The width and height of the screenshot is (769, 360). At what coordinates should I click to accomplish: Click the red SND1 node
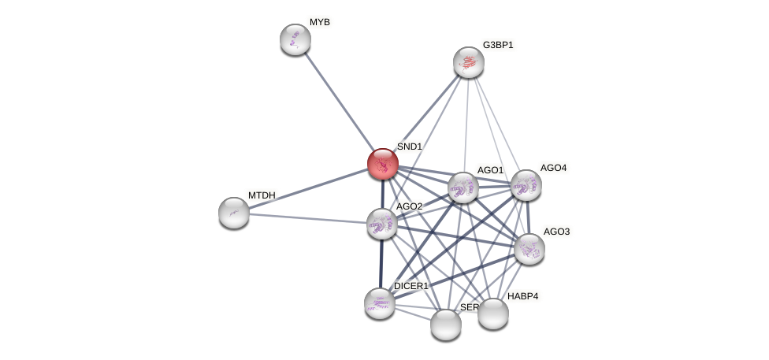383,164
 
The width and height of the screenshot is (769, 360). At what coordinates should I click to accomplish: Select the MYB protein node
295,39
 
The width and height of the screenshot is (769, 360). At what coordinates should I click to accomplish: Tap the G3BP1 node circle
469,62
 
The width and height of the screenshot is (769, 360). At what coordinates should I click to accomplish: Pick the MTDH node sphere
234,213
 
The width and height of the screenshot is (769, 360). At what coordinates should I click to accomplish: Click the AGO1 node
463,187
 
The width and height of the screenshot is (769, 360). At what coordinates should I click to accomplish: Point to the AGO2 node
382,224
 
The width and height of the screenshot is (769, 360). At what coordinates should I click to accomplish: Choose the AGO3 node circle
529,249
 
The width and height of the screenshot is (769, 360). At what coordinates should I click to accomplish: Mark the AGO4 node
526,185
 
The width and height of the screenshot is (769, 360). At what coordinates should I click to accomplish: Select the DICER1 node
380,303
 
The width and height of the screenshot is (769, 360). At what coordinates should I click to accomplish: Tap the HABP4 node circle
493,314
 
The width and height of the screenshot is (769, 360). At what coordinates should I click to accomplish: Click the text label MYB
319,22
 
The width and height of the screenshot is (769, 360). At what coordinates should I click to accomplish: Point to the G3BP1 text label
498,45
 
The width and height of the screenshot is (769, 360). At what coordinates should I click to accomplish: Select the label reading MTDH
262,195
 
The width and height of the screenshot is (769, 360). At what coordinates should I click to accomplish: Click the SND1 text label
410,147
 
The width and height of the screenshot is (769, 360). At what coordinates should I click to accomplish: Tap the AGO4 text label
553,168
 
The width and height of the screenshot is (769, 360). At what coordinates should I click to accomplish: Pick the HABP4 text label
523,296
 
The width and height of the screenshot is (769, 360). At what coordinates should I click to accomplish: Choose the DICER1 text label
411,286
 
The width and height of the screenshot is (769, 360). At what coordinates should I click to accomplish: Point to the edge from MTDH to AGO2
307,218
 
